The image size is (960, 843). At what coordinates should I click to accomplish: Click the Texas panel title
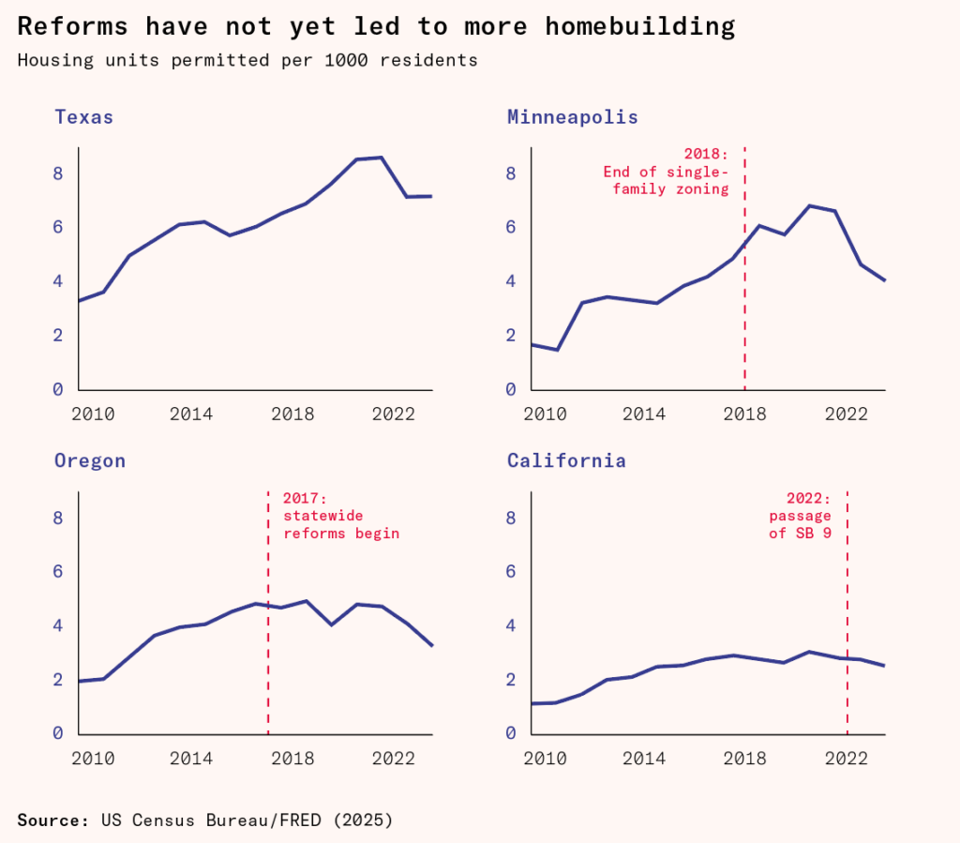point(83,117)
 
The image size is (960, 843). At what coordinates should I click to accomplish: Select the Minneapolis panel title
point(572,117)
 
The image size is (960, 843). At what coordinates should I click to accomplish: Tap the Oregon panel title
point(89,460)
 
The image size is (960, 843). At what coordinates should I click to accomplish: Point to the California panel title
point(566,460)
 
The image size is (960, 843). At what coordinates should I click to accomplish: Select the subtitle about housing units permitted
point(247,61)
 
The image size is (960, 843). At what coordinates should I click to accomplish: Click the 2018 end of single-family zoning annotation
point(665,172)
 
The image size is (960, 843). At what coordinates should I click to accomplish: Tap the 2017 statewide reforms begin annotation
point(340,516)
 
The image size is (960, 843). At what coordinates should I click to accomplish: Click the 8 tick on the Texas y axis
point(58,173)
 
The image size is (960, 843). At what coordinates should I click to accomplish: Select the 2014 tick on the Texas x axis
point(191,414)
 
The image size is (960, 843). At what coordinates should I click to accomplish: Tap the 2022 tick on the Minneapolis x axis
point(851,414)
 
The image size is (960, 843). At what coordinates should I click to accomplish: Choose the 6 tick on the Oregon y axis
point(58,572)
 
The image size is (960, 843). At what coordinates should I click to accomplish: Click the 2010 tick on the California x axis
point(545,758)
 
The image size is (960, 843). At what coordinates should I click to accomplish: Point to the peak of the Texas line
point(381,158)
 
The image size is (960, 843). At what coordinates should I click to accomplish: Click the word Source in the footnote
point(52,820)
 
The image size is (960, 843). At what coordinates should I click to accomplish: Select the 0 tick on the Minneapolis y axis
point(511,389)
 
